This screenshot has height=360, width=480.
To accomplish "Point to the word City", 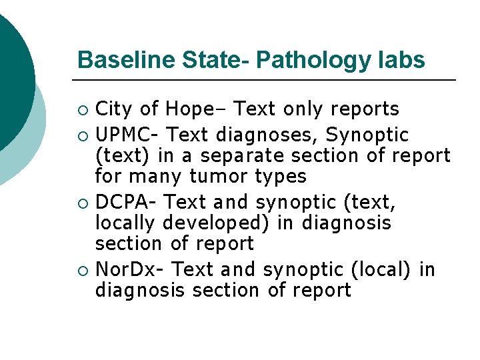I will point(115,109).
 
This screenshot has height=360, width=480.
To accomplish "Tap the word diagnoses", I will point(271,135).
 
